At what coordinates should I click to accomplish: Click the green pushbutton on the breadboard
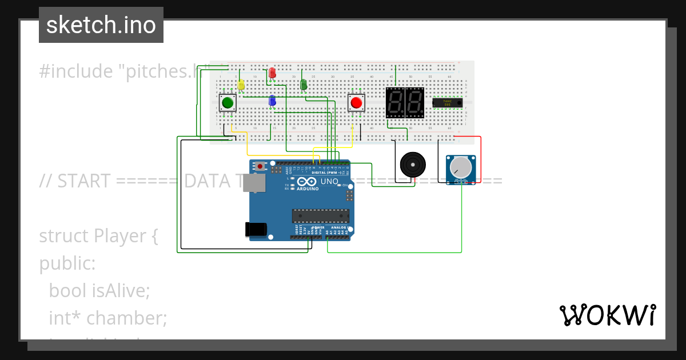coord(228,103)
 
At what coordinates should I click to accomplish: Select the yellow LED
coord(241,85)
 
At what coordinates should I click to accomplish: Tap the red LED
coord(272,73)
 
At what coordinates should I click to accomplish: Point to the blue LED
coord(273,101)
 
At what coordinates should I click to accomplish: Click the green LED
coord(304,85)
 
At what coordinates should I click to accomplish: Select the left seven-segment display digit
coord(395,103)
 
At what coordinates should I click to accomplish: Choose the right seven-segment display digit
coord(414,103)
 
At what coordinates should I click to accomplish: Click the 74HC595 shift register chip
coord(447,103)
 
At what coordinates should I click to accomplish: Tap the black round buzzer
coord(412,165)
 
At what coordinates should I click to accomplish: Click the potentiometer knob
coord(461,167)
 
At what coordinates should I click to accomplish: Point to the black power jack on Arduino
coord(256,229)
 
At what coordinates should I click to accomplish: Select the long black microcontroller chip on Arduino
coord(320,215)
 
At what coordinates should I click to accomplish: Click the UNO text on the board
coord(329,182)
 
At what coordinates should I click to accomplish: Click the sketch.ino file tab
coord(101,25)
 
